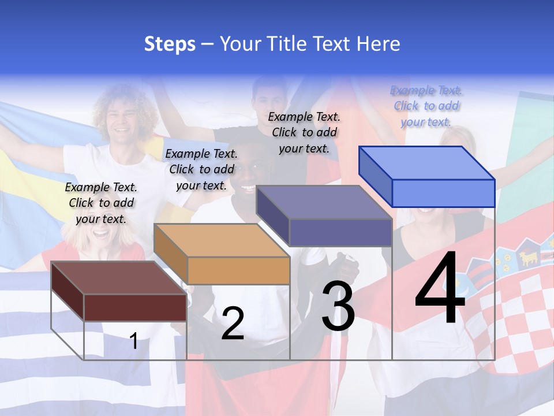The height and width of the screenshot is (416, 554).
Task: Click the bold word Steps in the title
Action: [x=170, y=44]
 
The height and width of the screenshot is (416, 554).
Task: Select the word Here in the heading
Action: [x=379, y=44]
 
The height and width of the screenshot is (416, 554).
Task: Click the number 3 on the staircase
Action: [x=338, y=306]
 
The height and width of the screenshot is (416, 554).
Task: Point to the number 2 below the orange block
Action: [x=233, y=324]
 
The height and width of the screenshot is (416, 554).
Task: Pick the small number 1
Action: [x=133, y=341]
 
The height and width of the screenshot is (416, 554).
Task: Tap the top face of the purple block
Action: [x=324, y=202]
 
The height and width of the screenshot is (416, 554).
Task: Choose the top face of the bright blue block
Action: [x=426, y=162]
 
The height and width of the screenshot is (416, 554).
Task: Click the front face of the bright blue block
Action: [x=443, y=193]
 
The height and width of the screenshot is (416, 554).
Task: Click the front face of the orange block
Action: [x=238, y=270]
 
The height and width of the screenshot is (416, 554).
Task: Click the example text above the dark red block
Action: [x=101, y=203]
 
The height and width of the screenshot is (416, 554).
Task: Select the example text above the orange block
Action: [x=201, y=169]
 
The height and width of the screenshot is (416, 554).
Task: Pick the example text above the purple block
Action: [x=304, y=132]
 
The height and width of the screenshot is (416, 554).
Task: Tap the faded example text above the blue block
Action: [x=426, y=106]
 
